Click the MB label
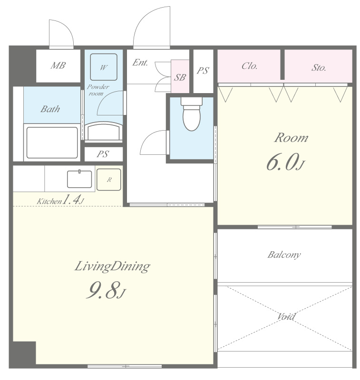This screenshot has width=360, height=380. [x=58, y=66]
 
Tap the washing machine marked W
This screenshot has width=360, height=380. [x=104, y=67]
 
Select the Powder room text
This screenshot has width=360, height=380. [x=98, y=90]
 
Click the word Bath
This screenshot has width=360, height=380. [x=50, y=109]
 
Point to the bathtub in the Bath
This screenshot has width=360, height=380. [x=52, y=143]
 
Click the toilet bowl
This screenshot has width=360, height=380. [x=192, y=114]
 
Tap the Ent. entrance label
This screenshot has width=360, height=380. [x=140, y=63]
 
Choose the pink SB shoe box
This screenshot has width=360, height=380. [x=180, y=76]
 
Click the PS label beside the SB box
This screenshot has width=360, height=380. [x=203, y=71]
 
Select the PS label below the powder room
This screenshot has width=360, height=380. [x=103, y=154]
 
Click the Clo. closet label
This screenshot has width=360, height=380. [x=249, y=66]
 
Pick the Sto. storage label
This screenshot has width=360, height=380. [x=319, y=67]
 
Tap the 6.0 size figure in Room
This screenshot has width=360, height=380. [x=282, y=162]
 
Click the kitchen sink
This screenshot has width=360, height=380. [x=79, y=179]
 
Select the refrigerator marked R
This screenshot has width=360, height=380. [x=109, y=180]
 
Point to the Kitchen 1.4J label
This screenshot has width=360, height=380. [x=60, y=200]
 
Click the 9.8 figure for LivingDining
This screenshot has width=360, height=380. [x=102, y=290]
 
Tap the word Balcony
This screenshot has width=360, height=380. [x=284, y=255]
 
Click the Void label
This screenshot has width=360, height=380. [x=286, y=316]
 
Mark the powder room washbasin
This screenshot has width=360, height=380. [x=103, y=131]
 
